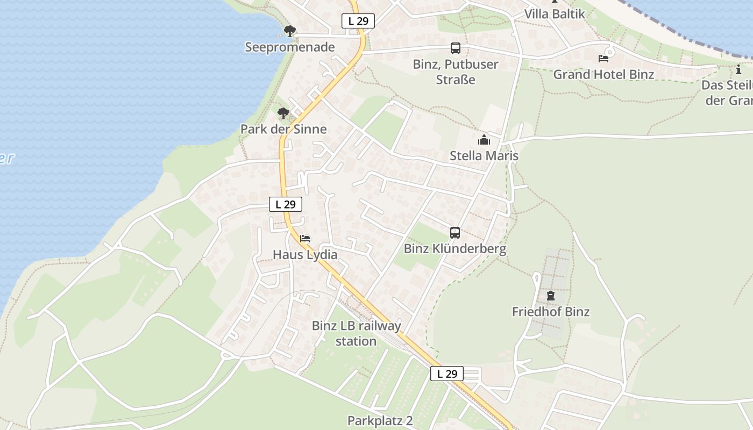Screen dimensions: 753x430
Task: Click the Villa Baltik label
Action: click(554, 14)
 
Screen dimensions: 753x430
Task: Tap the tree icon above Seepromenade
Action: click(290, 31)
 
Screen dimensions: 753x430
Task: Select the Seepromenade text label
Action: click(290, 47)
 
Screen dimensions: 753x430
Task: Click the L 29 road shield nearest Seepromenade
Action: click(358, 21)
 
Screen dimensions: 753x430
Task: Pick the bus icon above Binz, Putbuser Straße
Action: click(456, 48)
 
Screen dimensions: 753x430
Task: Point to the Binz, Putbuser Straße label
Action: click(456, 71)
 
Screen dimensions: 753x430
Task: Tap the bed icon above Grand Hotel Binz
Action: click(603, 58)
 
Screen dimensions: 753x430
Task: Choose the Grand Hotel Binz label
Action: click(603, 74)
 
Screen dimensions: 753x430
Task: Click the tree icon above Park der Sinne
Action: click(283, 113)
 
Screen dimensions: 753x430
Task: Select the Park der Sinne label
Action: click(283, 129)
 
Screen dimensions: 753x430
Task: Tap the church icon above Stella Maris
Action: click(484, 140)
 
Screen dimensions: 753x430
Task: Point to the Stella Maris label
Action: click(484, 156)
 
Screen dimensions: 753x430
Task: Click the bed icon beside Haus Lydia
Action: click(305, 238)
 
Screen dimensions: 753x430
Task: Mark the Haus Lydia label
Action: click(305, 254)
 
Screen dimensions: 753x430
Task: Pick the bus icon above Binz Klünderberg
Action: click(455, 233)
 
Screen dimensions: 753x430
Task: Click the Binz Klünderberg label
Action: click(455, 249)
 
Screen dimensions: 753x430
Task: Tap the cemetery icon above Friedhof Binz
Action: click(551, 295)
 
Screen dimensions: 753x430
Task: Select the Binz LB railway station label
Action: click(356, 333)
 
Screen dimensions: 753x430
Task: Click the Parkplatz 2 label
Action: click(380, 420)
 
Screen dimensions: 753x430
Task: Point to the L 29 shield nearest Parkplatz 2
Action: click(447, 374)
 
